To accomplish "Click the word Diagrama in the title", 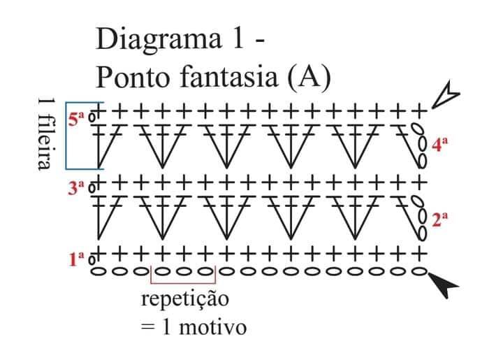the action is pyautogui.click(x=159, y=40).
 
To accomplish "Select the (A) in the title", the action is pyautogui.click(x=309, y=78).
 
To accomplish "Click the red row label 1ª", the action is pyautogui.click(x=77, y=259).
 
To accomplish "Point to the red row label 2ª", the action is pyautogui.click(x=439, y=219).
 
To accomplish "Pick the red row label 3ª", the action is pyautogui.click(x=76, y=188).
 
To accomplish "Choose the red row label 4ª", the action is pyautogui.click(x=439, y=144).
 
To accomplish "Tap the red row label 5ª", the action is pyautogui.click(x=76, y=119).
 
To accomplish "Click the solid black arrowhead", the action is pyautogui.click(x=444, y=285).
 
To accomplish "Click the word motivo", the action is pyautogui.click(x=213, y=328).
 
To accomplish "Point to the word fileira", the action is pyautogui.click(x=45, y=141).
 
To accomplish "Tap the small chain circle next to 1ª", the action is pyautogui.click(x=92, y=259).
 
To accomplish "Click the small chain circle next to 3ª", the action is pyautogui.click(x=92, y=188).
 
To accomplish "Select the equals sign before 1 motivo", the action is pyautogui.click(x=148, y=328).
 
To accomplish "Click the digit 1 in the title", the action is pyautogui.click(x=238, y=38).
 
